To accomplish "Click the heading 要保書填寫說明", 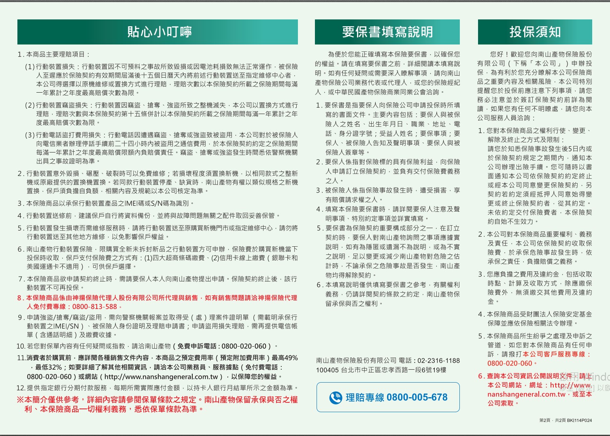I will tap(387, 32).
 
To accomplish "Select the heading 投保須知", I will tap(535, 32).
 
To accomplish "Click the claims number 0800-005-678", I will tap(417, 398).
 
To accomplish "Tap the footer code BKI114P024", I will tap(579, 420).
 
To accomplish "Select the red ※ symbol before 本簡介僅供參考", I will tap(20, 400).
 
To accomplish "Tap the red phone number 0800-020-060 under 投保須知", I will tap(509, 363).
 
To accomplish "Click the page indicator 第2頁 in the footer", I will tap(545, 420).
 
